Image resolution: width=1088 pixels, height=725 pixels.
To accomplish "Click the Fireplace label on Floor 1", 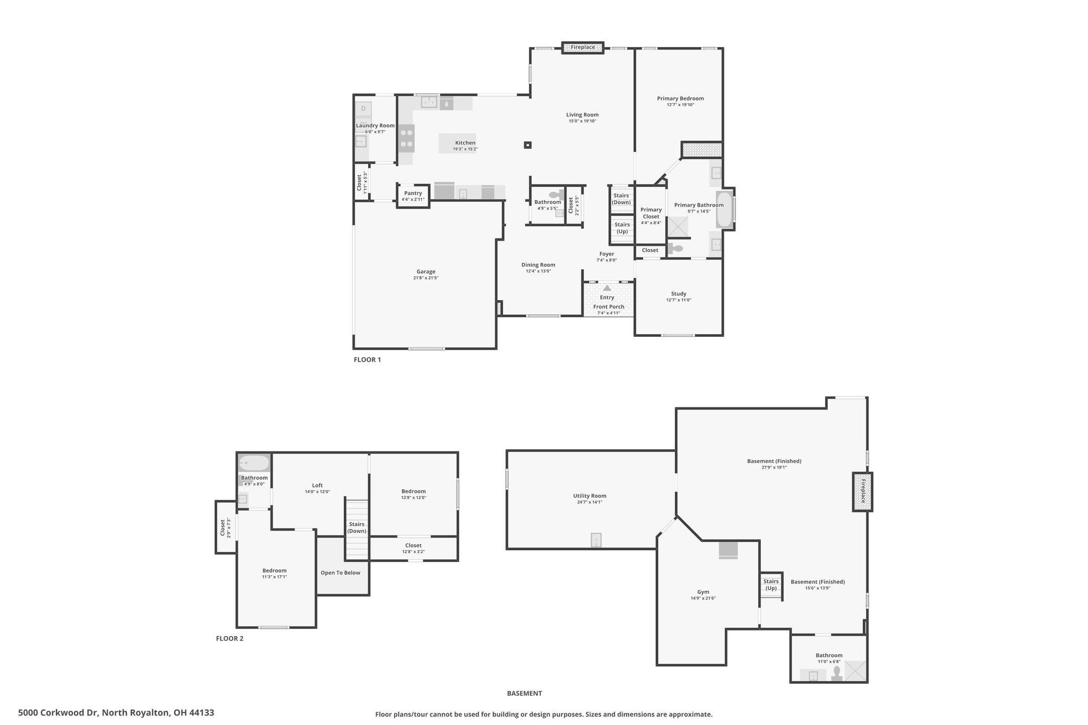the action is pos(583,47).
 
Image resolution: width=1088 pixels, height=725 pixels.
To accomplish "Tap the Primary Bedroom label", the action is pos(680,98).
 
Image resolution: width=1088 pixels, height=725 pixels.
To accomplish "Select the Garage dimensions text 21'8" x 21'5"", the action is pos(426,278).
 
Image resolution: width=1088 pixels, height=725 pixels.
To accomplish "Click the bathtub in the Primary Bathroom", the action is pos(724,209).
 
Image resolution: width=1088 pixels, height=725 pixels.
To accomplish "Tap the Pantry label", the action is pos(413,193).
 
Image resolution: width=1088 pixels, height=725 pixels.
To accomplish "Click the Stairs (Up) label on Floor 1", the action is pos(622,228).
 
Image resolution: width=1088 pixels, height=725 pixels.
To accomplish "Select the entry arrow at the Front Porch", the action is pos(607,287).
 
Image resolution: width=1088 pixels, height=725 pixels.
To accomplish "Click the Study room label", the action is pos(678,294).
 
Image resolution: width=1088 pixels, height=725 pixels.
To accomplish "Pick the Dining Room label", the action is pos(538,265).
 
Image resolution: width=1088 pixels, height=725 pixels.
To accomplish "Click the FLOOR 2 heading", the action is pos(229,638).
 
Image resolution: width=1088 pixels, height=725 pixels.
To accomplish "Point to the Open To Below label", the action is pos(341,573).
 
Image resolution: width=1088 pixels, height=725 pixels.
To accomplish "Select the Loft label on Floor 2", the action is pos(317,485).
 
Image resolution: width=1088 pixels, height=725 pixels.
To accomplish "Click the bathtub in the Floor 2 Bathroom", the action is pos(254,463).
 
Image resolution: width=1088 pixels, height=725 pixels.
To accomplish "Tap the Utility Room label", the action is pos(590,496).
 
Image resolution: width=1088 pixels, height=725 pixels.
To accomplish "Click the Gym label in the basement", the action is pos(703,592).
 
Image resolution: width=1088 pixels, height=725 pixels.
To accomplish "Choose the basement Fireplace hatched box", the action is pos(863,492).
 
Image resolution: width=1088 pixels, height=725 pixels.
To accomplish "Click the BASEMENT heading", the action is pos(524,693).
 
